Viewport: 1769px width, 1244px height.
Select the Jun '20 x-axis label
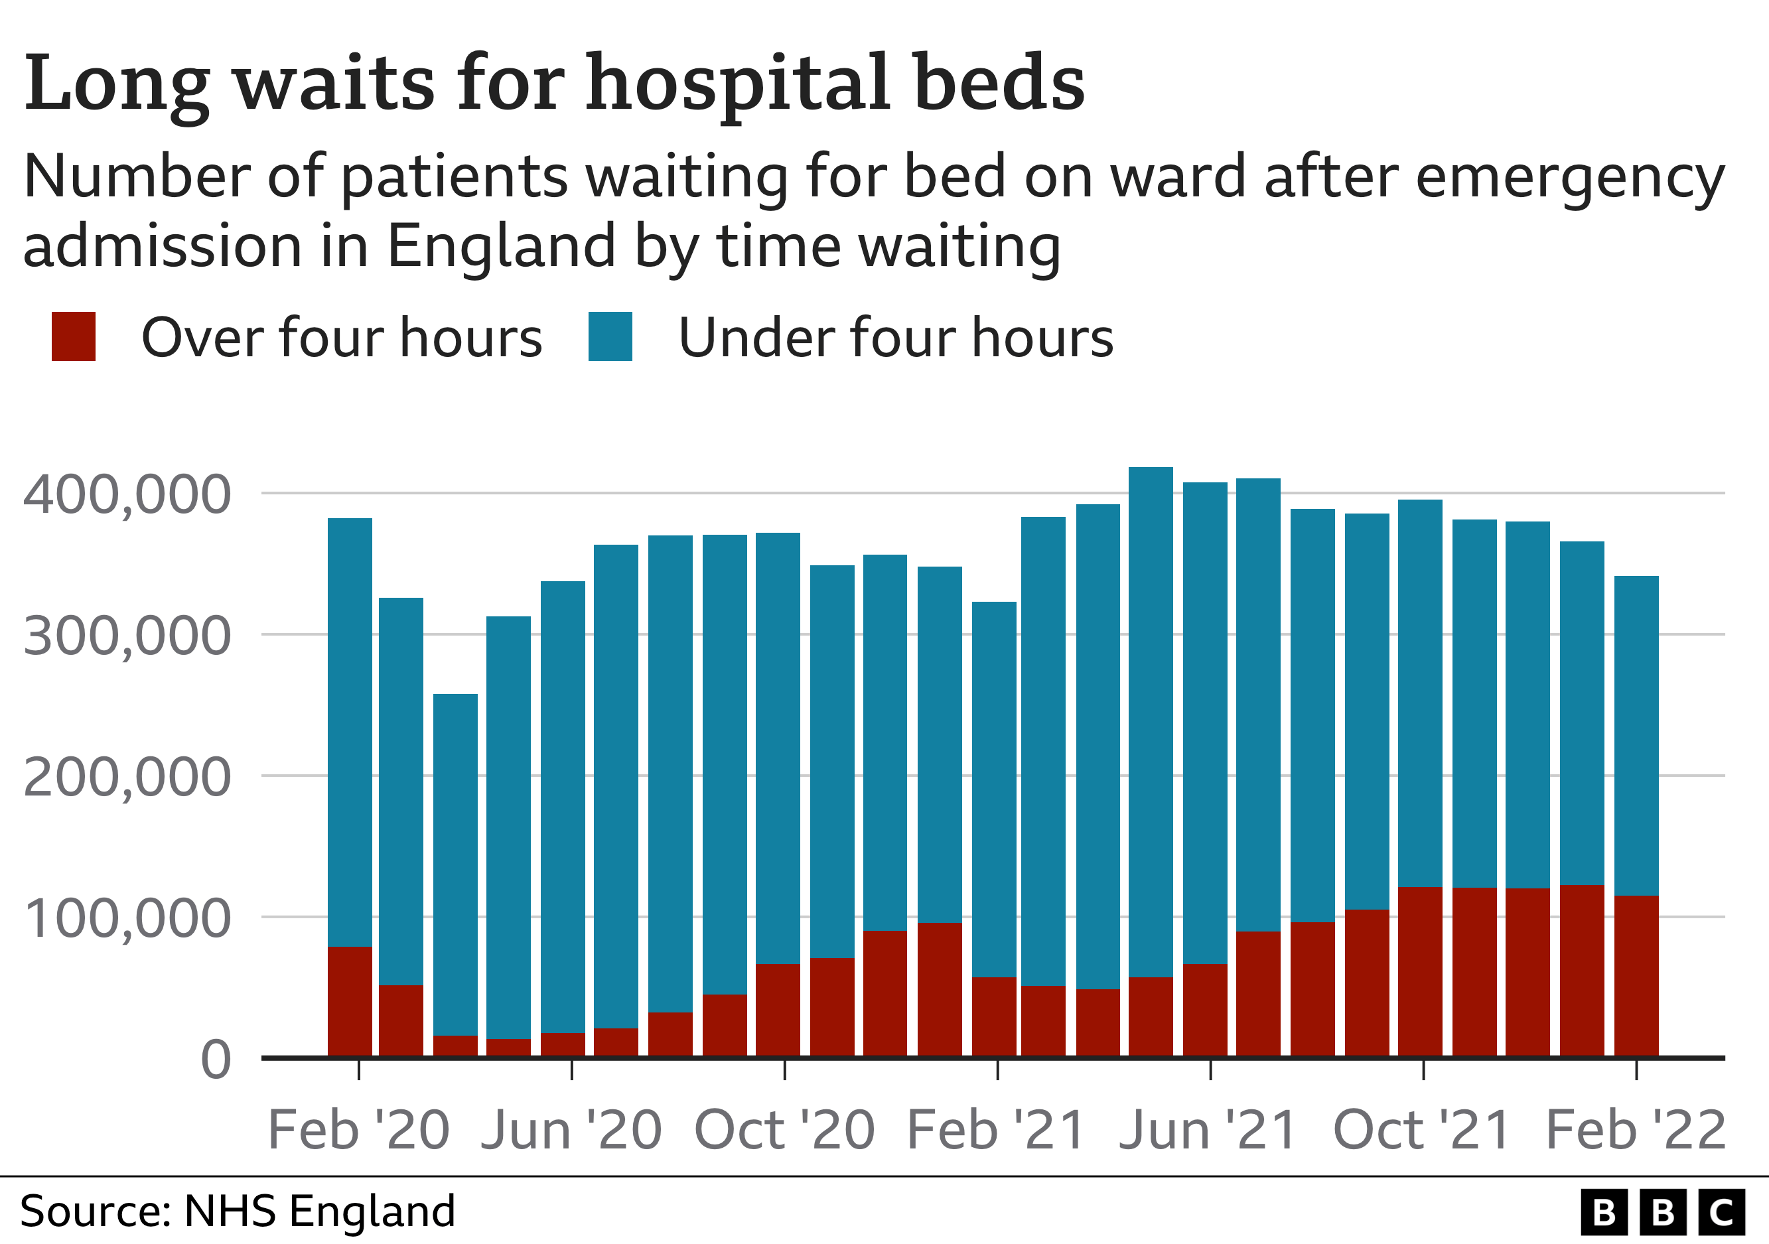[x=571, y=1131]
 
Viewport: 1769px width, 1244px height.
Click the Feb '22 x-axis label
[x=1636, y=1131]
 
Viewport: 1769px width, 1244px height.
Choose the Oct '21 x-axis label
[x=1421, y=1131]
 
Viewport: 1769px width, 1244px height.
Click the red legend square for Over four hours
[x=73, y=336]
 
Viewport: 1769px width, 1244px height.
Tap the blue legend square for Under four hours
[x=610, y=336]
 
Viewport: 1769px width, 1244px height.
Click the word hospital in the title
[x=737, y=83]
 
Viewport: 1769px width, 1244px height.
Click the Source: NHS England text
[x=238, y=1211]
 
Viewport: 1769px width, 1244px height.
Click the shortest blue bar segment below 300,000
[x=455, y=863]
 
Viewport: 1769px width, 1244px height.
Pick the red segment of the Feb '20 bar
[x=350, y=1001]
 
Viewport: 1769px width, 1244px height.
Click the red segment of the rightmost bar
[x=1636, y=975]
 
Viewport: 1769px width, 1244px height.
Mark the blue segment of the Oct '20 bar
[x=778, y=747]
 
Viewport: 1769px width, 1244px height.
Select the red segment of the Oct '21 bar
[x=1420, y=971]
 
